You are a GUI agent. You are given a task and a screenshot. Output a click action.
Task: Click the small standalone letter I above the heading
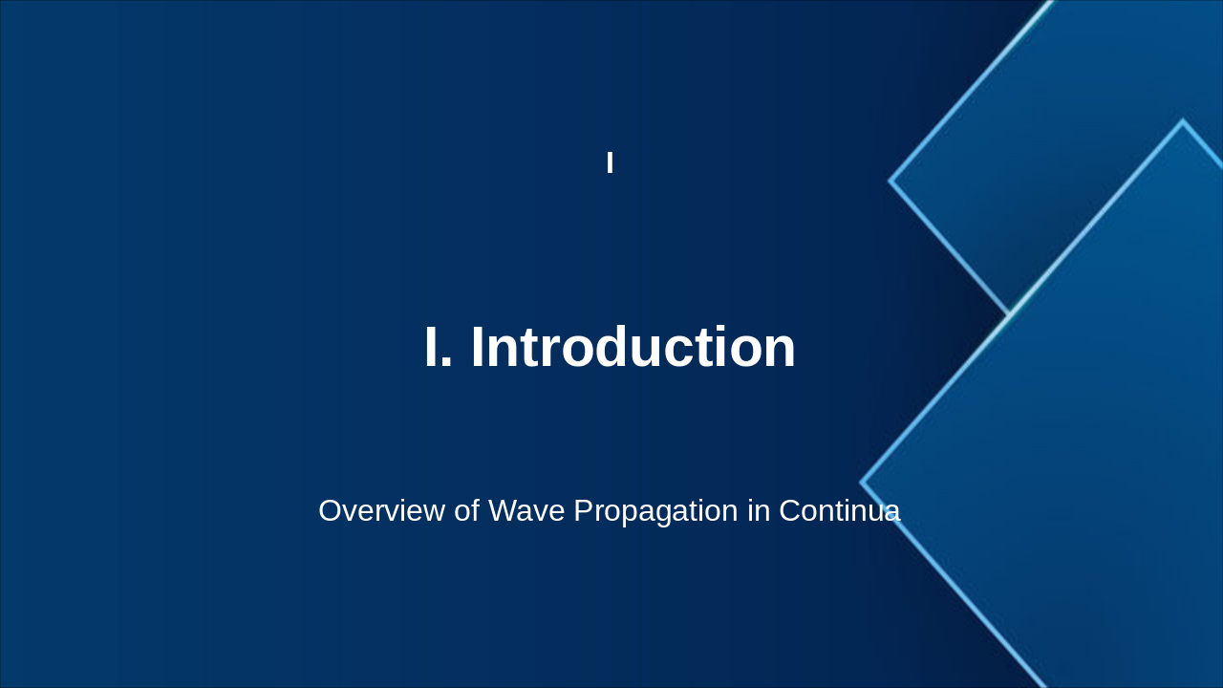coord(610,163)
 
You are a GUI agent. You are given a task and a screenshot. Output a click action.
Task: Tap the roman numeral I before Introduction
coord(432,348)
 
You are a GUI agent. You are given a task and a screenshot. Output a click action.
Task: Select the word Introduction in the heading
coord(633,348)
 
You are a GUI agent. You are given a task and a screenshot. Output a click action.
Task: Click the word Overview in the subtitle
coord(382,511)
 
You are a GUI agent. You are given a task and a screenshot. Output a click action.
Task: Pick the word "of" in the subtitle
coord(467,511)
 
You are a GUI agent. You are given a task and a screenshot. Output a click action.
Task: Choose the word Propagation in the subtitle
coord(655,511)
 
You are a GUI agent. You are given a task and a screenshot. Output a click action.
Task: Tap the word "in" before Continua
coord(759,511)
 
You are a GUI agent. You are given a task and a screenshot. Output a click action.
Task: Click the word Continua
coord(839,511)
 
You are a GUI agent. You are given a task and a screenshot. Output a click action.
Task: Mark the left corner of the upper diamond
coord(890,180)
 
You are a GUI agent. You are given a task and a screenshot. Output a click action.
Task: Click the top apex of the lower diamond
coord(1183,121)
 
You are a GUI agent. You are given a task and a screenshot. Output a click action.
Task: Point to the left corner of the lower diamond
coord(862,483)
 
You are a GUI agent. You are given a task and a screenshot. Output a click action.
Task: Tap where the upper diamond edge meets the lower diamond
coord(1009,313)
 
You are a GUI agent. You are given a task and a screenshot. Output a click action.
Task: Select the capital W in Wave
coord(503,511)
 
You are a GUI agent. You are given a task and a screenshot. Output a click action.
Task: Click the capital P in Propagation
coord(584,511)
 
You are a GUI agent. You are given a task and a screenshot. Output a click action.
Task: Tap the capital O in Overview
coord(331,511)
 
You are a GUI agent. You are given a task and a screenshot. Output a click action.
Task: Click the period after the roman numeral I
coord(447,366)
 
